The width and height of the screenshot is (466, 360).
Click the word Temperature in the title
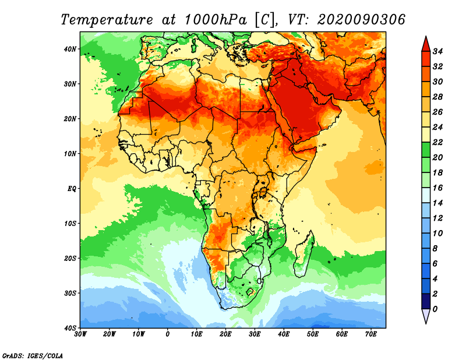click(x=107, y=20)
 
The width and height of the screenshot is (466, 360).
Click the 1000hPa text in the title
click(x=216, y=20)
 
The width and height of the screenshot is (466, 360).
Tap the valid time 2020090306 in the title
click(x=361, y=20)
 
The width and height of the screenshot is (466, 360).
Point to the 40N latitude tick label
click(x=70, y=49)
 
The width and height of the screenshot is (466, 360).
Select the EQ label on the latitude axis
click(x=72, y=189)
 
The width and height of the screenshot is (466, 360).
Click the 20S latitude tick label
click(x=70, y=258)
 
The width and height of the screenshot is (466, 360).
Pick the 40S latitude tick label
click(x=70, y=328)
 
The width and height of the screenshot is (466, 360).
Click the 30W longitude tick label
click(x=80, y=334)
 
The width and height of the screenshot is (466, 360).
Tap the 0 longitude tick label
click(x=168, y=334)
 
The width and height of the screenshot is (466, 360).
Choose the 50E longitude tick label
click(x=313, y=334)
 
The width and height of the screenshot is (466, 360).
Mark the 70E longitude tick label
click(x=371, y=334)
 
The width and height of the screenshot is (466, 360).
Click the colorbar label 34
click(x=437, y=51)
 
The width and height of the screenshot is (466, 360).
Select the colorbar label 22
click(x=437, y=142)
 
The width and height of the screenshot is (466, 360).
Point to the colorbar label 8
click(x=435, y=249)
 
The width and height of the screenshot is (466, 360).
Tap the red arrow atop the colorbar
click(x=426, y=44)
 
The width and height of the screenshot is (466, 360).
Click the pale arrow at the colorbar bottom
click(x=426, y=316)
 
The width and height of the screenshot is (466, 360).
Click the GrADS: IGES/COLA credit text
click(x=33, y=355)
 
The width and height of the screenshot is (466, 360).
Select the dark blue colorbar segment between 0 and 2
click(x=426, y=301)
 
